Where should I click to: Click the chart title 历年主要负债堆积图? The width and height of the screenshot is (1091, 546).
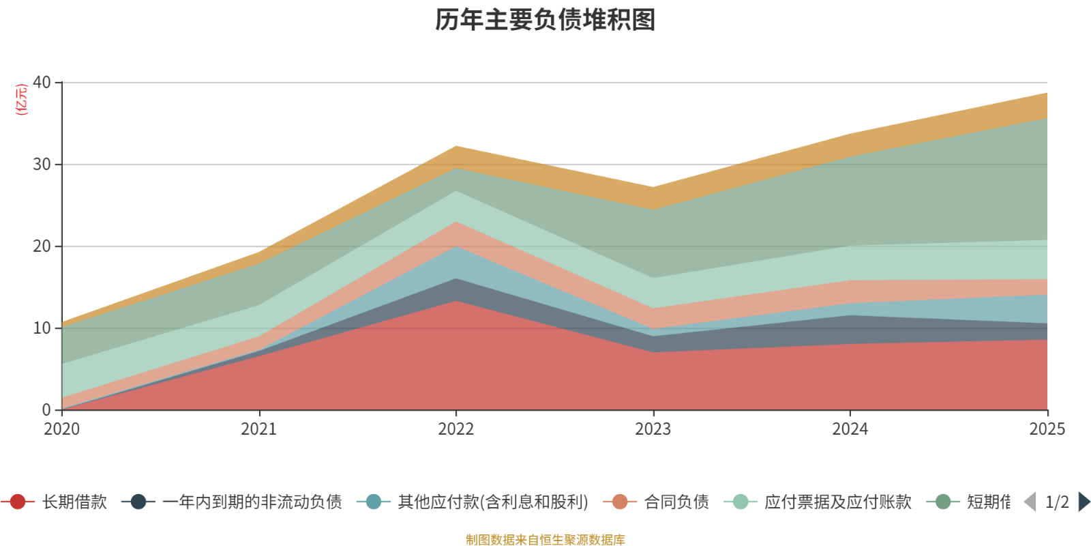tap(545, 20)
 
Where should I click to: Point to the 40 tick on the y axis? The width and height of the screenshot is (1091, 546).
tap(42, 83)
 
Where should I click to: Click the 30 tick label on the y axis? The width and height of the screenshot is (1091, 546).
tap(42, 164)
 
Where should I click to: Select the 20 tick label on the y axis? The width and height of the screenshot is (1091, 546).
tap(42, 246)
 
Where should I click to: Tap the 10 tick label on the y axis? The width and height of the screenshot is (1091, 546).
tap(42, 328)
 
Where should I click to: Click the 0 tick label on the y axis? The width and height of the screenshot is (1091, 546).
tap(46, 410)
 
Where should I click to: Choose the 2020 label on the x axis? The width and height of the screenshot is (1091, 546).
tap(62, 429)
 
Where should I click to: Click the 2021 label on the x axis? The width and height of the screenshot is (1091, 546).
tap(259, 429)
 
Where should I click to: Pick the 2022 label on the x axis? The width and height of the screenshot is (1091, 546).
tap(456, 429)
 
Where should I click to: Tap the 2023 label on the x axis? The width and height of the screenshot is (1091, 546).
tap(653, 429)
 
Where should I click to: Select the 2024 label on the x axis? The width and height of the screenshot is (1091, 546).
tap(850, 429)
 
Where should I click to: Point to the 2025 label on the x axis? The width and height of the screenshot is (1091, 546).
tap(1047, 429)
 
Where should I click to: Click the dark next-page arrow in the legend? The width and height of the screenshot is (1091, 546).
tap(1083, 502)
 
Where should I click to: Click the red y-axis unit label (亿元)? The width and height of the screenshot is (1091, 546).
tap(22, 100)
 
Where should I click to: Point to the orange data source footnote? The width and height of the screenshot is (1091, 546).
tap(545, 540)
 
